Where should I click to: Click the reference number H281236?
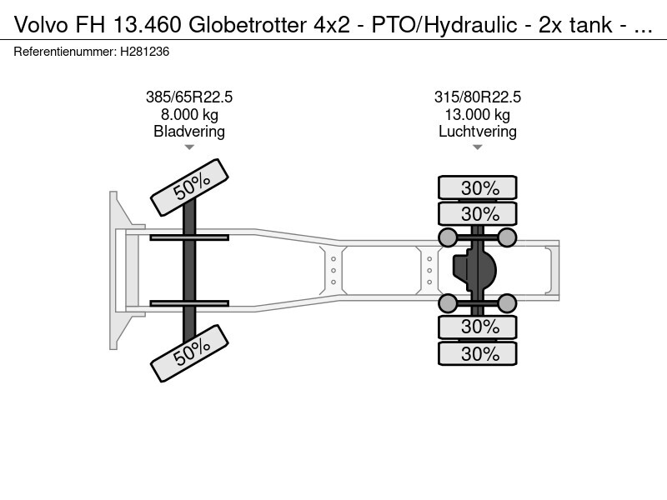click(x=144, y=52)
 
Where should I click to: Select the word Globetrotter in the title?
click(x=248, y=25)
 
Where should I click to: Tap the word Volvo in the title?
click(x=41, y=25)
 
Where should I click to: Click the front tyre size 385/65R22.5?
click(x=189, y=97)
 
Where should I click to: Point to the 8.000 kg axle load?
click(x=189, y=115)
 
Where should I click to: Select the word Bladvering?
click(x=189, y=132)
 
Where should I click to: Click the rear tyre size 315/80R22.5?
click(x=477, y=97)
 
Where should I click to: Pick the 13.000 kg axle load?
click(x=477, y=115)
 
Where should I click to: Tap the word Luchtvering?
click(x=477, y=132)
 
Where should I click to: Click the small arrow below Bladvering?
click(x=189, y=147)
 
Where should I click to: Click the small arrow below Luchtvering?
click(x=477, y=147)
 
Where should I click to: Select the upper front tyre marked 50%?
click(x=190, y=187)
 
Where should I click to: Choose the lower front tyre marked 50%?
click(x=190, y=353)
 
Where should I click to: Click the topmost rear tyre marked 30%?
click(x=477, y=187)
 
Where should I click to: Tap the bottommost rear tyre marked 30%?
click(x=477, y=353)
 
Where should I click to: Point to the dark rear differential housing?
click(x=474, y=270)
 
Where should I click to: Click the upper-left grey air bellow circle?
click(x=447, y=237)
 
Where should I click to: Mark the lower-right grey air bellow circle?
click(x=507, y=303)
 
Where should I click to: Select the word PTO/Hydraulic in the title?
click(x=444, y=25)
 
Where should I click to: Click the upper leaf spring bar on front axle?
click(x=189, y=237)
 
